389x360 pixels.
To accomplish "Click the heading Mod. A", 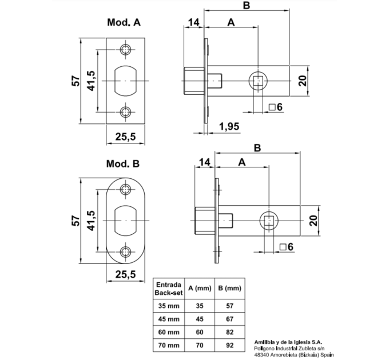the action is click(x=124, y=22).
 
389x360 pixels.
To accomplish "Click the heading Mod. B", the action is click(x=123, y=163).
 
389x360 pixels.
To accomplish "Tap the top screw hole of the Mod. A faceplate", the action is click(x=125, y=50).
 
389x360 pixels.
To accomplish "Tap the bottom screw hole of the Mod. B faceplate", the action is click(x=125, y=252).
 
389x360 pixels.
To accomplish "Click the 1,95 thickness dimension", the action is click(x=229, y=126).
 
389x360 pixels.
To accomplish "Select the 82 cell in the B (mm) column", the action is click(x=230, y=332).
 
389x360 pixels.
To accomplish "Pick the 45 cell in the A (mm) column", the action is click(x=200, y=319).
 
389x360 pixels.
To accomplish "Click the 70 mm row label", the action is click(x=169, y=345).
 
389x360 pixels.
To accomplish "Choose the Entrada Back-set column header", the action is click(x=169, y=289).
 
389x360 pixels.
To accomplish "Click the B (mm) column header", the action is click(x=230, y=288).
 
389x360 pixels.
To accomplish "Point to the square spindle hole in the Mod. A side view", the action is click(x=258, y=81).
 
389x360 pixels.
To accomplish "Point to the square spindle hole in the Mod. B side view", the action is click(x=269, y=221).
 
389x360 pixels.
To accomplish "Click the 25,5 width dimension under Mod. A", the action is click(x=125, y=137).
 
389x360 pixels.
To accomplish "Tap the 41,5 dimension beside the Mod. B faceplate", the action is click(x=91, y=221).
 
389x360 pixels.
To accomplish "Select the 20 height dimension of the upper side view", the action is click(x=303, y=81).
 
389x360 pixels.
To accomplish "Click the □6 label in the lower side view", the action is click(x=287, y=247).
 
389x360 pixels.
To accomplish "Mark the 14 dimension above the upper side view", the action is click(x=193, y=22).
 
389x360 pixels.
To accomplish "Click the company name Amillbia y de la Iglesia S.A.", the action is click(x=288, y=342).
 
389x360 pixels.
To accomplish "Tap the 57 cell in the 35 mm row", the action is click(x=230, y=306).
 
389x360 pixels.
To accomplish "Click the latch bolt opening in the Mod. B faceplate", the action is click(x=125, y=221).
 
